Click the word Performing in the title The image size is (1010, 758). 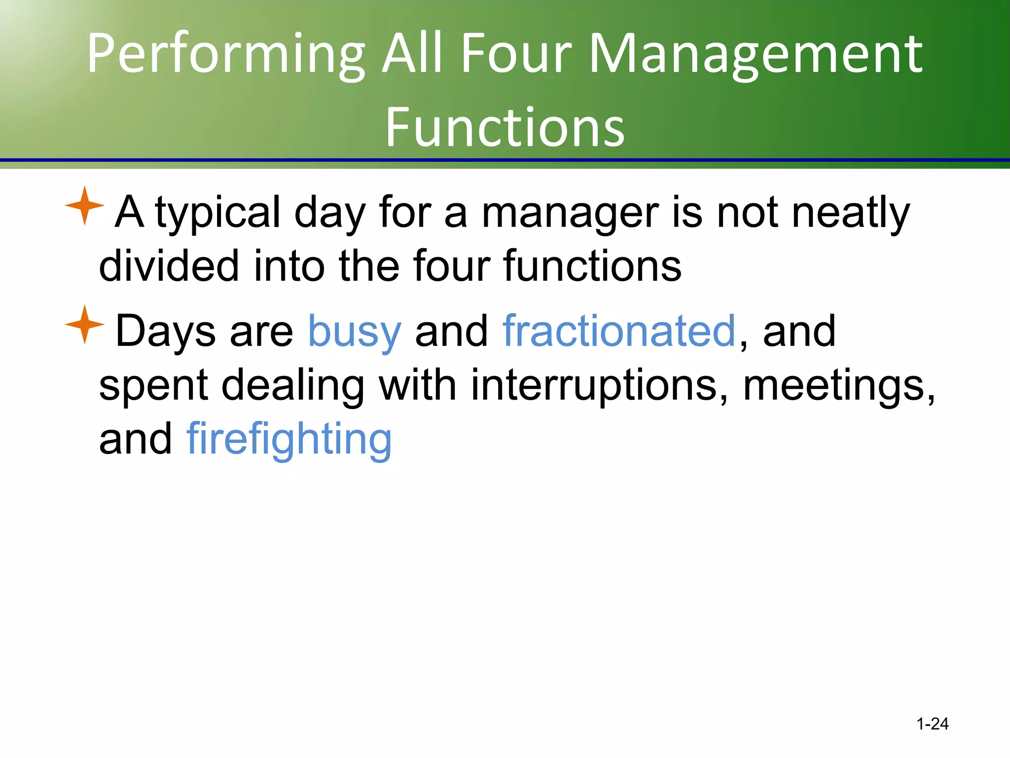click(226, 54)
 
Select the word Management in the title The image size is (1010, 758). click(756, 54)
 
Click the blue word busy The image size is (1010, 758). click(354, 332)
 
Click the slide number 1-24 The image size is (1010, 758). click(932, 724)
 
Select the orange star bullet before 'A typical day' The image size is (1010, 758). click(84, 206)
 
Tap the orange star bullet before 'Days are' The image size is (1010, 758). click(84, 325)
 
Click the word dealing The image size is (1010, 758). click(293, 386)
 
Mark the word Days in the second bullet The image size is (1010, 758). click(165, 332)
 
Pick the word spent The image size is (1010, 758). click(153, 386)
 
